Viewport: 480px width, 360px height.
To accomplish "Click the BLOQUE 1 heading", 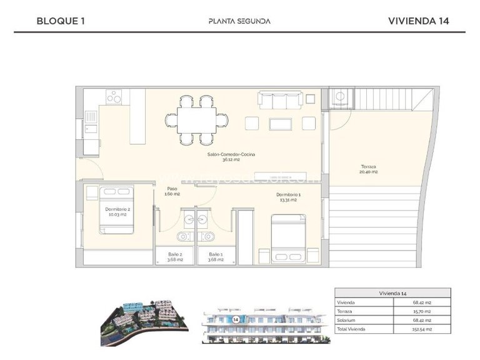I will (x=61, y=21).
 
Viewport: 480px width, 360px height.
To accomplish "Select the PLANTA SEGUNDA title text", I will (x=239, y=21).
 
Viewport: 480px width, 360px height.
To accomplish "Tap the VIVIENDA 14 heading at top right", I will (x=418, y=21).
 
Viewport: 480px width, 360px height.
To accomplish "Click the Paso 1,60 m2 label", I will (x=172, y=191).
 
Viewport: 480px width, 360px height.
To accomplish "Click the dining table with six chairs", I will (x=197, y=119).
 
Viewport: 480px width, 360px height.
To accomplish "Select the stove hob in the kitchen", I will (x=115, y=97).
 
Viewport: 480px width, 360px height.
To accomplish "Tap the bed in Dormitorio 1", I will (x=287, y=237).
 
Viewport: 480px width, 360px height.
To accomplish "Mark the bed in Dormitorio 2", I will (x=117, y=209).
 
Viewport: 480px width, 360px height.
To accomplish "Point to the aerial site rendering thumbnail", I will (x=144, y=324).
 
